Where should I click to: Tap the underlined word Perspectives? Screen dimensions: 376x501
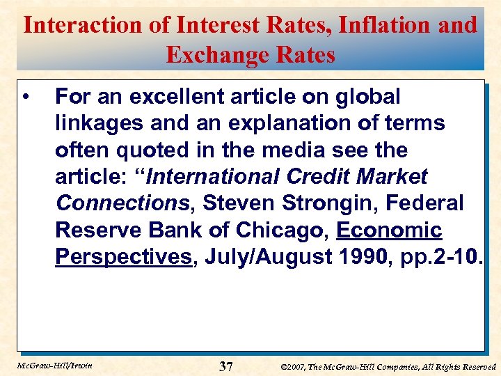click(123, 256)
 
